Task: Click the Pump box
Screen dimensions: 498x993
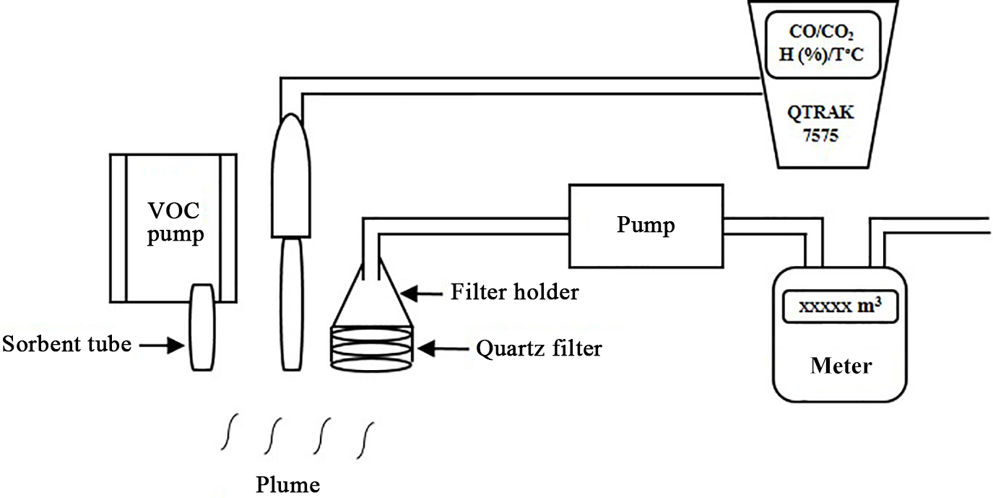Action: (646, 226)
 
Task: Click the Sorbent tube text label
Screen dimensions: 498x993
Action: (66, 344)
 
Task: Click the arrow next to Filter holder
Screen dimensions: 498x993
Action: (422, 293)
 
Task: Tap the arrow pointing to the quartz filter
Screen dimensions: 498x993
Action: (440, 349)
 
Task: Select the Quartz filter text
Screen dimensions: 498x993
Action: (539, 349)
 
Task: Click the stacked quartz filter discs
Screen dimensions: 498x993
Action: (373, 347)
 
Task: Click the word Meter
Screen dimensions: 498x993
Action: (841, 366)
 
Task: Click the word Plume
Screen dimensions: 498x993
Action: (287, 484)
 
